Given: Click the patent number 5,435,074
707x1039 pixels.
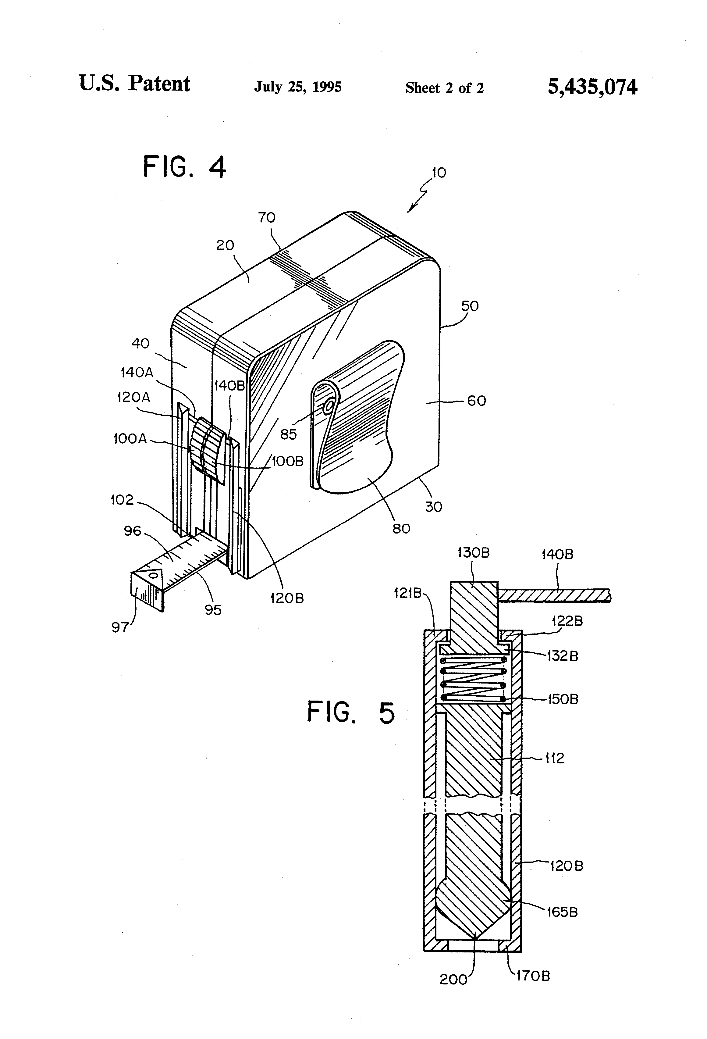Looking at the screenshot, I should point(592,86).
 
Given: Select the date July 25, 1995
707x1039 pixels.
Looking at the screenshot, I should point(298,87).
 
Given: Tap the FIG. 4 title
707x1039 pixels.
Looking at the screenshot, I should point(184,168).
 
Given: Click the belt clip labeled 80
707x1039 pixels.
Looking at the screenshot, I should point(357,425).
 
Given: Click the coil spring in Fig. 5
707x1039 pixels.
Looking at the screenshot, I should point(473,679).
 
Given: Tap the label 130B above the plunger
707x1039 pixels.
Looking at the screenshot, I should point(473,553).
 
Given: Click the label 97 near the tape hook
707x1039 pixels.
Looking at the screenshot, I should point(120,627).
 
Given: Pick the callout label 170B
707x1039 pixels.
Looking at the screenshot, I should point(533,976).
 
